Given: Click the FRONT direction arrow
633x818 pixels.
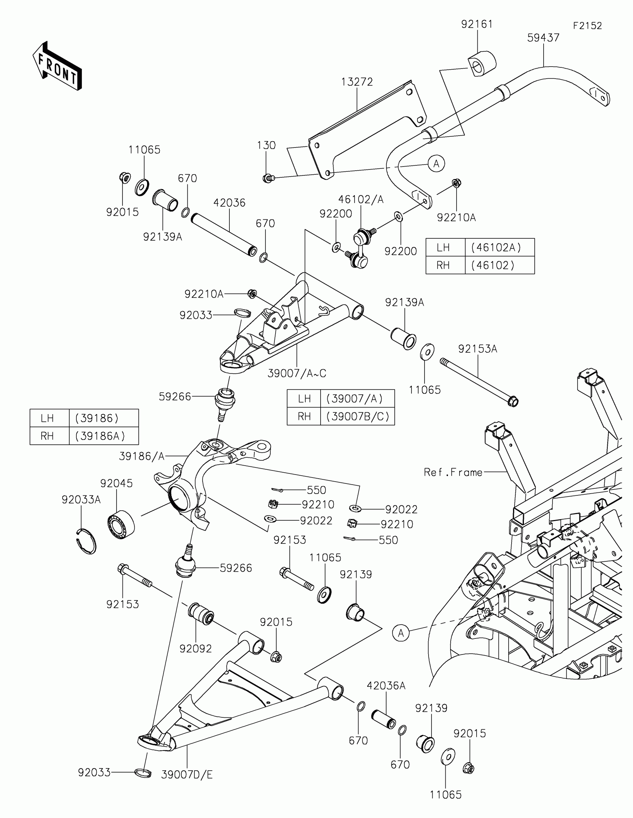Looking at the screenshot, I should pos(57,66).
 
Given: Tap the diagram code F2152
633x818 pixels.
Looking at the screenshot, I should pos(587,26).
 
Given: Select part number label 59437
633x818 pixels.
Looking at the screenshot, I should pos(543,38).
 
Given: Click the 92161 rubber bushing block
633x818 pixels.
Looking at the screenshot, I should pos(482,64).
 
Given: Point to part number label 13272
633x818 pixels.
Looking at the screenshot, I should pos(357,82).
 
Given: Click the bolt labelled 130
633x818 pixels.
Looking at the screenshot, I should pos(268,178).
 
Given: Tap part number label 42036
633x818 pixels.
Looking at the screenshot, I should pos(229,203).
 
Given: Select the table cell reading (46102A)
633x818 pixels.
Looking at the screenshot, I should pos(499,248).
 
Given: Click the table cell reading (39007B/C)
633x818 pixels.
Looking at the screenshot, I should pos(357,416).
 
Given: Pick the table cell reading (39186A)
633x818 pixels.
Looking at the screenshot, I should pos(100,436).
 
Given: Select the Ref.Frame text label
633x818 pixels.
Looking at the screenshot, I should pos(453,472).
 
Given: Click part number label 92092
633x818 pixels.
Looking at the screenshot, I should pos(195,649).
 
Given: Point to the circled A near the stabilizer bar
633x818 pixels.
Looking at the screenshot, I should pos(436,164).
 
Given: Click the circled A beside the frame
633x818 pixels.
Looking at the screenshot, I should pos(401,633).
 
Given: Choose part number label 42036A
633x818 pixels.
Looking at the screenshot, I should pos(386,686).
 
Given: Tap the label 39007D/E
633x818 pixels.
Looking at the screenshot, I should pos(187,775).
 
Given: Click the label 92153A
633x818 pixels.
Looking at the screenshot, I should pos(477,349).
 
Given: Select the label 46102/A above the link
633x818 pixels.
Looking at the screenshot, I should pos(361,200).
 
